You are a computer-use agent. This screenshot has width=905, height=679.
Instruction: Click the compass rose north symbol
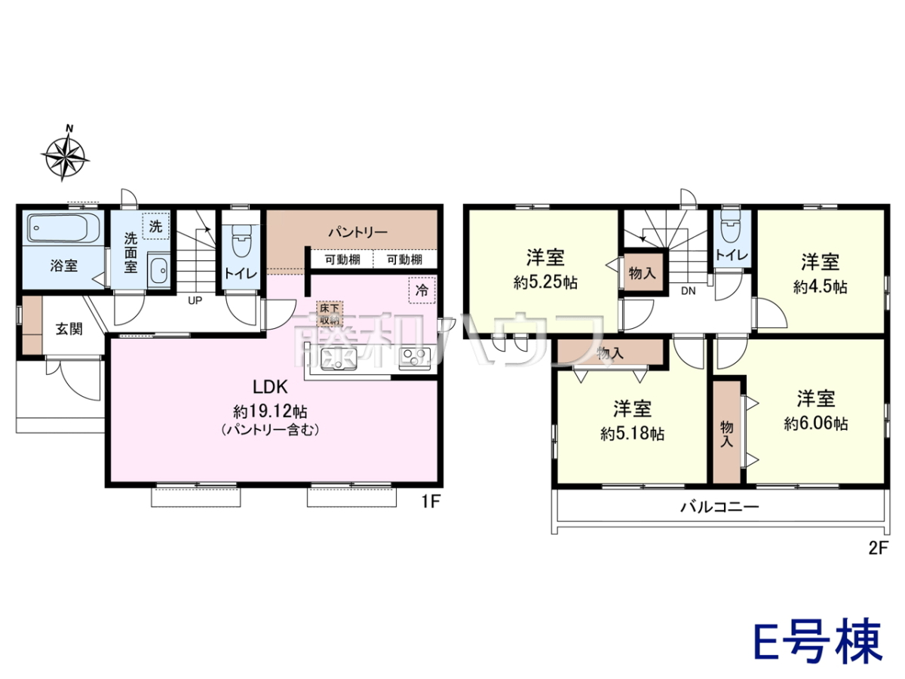(x=65, y=153)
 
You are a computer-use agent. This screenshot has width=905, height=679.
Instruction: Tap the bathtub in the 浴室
(x=63, y=229)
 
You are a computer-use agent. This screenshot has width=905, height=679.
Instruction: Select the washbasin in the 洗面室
(x=158, y=270)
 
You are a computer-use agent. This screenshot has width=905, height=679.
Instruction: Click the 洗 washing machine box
(x=156, y=226)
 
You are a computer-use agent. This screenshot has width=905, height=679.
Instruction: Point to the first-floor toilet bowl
(x=241, y=241)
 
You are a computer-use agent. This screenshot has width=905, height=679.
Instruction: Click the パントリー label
(x=358, y=232)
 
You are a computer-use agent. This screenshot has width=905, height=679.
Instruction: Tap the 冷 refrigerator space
(x=422, y=290)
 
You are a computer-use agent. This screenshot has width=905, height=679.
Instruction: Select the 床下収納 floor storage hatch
(x=330, y=314)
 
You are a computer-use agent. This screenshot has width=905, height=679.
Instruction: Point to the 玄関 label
(x=69, y=329)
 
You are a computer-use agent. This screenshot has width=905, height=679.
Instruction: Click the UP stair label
(x=195, y=300)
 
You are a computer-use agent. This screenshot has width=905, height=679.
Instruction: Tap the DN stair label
(x=688, y=291)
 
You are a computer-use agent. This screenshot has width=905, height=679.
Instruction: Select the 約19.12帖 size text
(x=270, y=411)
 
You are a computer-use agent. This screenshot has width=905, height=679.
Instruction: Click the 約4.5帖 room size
(x=820, y=287)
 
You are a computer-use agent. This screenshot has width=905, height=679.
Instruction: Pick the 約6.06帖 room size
(x=815, y=423)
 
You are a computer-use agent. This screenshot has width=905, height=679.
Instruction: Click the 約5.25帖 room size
(x=545, y=283)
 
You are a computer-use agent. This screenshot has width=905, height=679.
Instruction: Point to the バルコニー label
(x=719, y=506)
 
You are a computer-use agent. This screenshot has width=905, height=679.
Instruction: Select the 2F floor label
(x=878, y=548)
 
